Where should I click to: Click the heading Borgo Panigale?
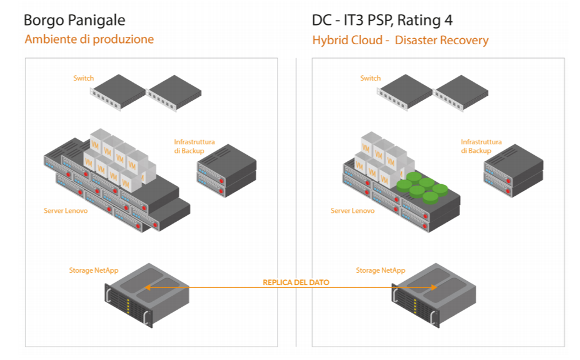click(x=74, y=20)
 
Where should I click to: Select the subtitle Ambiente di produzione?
click(x=89, y=39)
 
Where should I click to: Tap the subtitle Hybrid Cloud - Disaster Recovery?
click(x=400, y=41)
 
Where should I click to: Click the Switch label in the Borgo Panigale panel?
click(x=84, y=78)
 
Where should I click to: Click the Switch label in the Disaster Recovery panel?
click(x=370, y=78)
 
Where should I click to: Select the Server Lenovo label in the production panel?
click(x=65, y=211)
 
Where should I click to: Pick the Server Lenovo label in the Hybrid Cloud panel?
click(x=352, y=211)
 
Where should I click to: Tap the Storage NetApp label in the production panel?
click(x=93, y=270)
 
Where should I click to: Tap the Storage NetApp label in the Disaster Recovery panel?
click(x=380, y=270)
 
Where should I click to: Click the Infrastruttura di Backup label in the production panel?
click(x=194, y=146)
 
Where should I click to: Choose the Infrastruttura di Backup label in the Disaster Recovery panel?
click(x=481, y=146)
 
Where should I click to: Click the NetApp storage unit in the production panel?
click(x=150, y=295)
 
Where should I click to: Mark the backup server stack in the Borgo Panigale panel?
click(x=227, y=170)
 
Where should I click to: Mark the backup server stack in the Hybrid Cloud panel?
click(x=513, y=170)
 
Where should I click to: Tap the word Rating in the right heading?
click(x=423, y=20)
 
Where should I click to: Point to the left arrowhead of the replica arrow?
click(x=147, y=288)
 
